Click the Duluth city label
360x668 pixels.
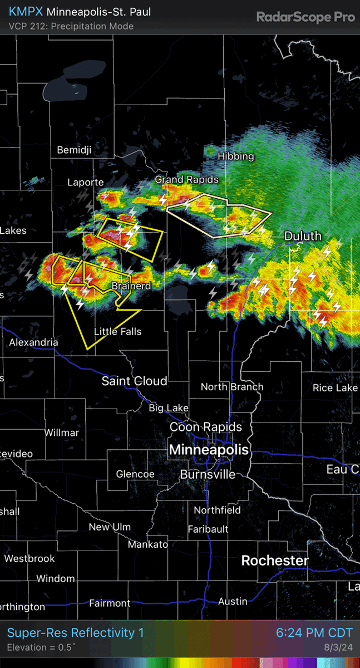click(303, 236)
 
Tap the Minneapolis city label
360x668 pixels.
click(209, 449)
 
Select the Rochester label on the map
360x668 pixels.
click(275, 560)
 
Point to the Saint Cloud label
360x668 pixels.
click(134, 381)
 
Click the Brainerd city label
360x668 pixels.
click(131, 286)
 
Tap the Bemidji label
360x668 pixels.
click(74, 150)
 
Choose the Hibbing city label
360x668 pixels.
click(236, 156)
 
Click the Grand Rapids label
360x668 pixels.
click(186, 179)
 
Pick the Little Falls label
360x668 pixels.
click(117, 332)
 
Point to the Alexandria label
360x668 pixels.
click(33, 342)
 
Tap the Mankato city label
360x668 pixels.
click(147, 544)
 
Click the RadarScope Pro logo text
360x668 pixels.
click(305, 17)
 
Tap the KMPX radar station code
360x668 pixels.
click(26, 12)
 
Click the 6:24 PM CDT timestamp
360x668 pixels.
click(314, 633)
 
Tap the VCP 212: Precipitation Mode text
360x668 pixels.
click(71, 26)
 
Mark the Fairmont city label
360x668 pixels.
click(110, 603)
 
